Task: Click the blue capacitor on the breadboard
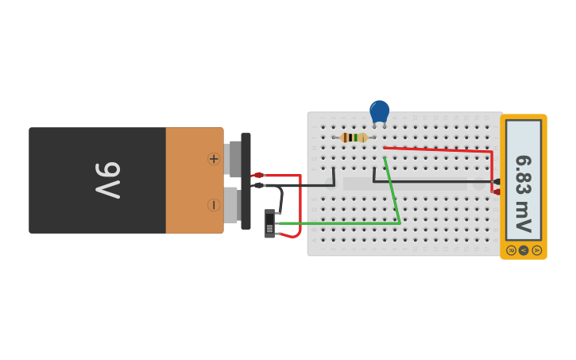(380, 110)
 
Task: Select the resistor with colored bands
(354, 137)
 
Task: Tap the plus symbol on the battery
(214, 159)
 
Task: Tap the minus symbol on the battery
(214, 204)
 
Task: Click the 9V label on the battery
(106, 180)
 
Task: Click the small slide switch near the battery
(269, 223)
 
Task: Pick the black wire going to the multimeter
(429, 181)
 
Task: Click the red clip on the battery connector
(257, 175)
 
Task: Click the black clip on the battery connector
(258, 185)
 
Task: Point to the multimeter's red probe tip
(497, 192)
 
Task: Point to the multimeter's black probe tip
(497, 181)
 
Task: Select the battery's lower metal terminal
(230, 204)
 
